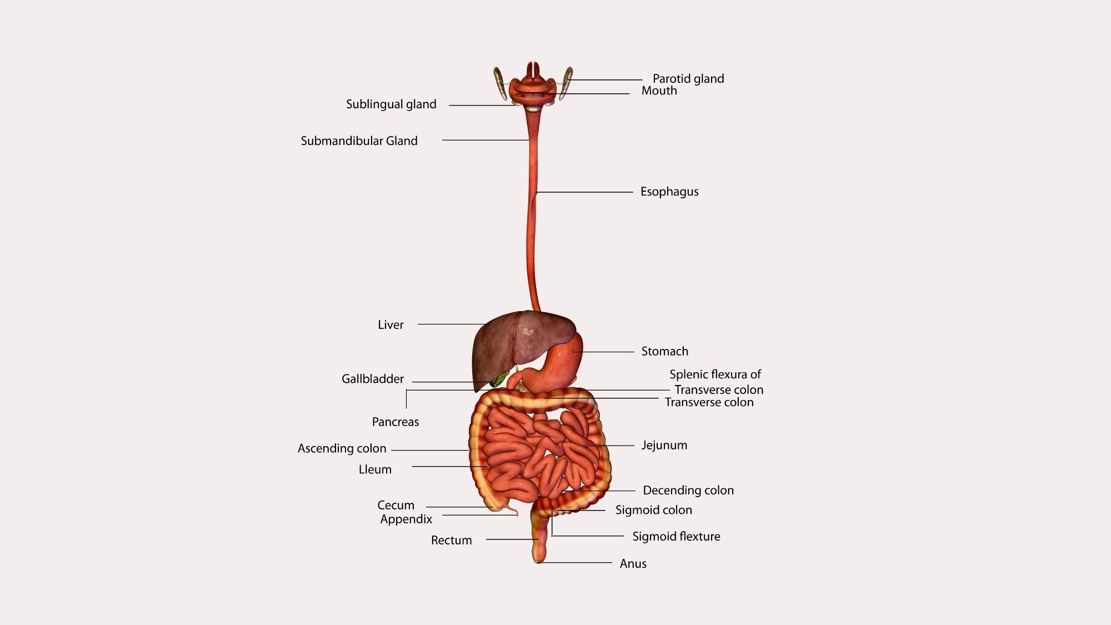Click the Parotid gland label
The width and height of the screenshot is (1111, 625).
click(688, 79)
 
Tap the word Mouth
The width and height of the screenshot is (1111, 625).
click(659, 91)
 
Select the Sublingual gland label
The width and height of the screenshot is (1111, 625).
click(391, 104)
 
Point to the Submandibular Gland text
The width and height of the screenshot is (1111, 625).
click(359, 141)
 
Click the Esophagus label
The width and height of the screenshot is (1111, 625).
click(669, 192)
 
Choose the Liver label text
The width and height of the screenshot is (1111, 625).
click(391, 325)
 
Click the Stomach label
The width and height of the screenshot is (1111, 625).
click(664, 351)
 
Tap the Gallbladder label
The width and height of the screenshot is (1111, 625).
click(372, 379)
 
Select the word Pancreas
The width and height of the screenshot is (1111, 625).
click(395, 422)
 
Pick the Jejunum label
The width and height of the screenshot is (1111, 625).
click(664, 445)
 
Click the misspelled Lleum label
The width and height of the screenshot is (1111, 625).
click(375, 469)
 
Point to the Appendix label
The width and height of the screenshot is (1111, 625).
click(406, 519)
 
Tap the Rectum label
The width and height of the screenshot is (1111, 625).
click(451, 540)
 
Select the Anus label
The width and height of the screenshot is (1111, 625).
click(633, 563)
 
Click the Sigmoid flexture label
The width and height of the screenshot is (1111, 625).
click(676, 536)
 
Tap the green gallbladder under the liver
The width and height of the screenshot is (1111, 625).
click(498, 381)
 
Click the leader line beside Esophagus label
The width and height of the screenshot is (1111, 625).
click(583, 192)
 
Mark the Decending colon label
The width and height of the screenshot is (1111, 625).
click(688, 490)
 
